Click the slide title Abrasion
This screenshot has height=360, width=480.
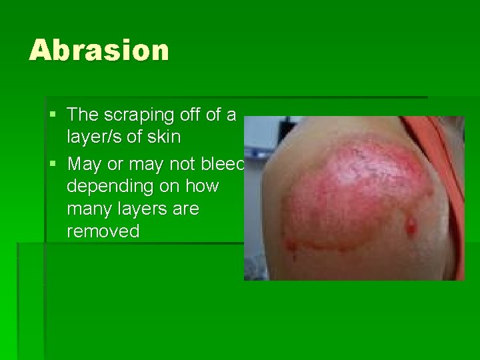(x=99, y=51)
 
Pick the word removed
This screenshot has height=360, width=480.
(x=103, y=231)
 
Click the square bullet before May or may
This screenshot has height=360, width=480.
(x=53, y=163)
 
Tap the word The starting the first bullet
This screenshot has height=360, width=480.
(x=83, y=115)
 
